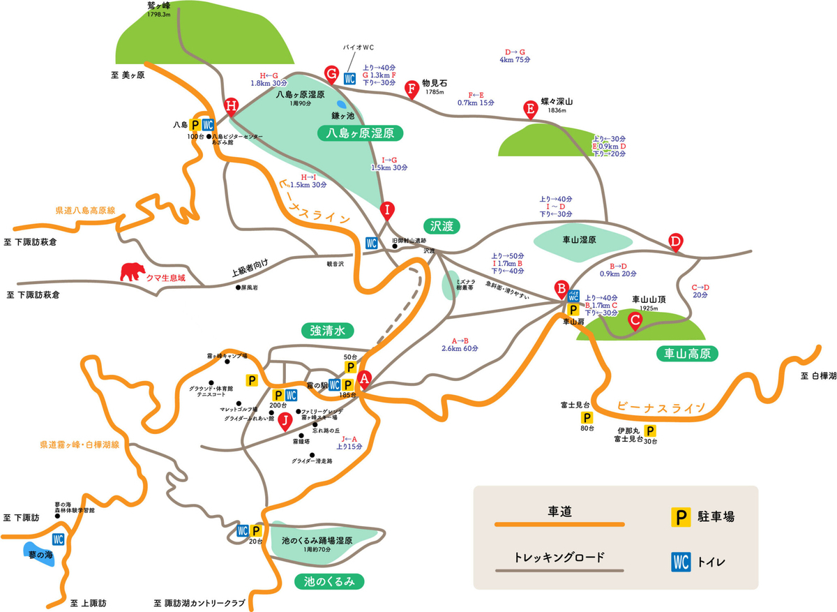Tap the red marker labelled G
point(332,72)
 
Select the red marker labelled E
point(530,108)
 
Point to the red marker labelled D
point(674,240)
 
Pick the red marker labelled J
point(284,420)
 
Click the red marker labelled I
point(388,209)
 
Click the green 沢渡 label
point(442,226)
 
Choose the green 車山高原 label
point(687,354)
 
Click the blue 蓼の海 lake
point(39,555)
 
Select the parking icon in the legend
point(681,517)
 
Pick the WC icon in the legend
point(681,560)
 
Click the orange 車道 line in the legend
point(559,523)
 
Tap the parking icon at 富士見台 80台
point(587,418)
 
